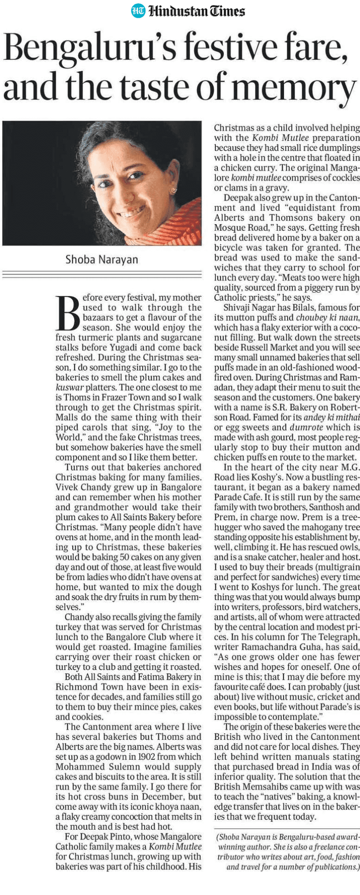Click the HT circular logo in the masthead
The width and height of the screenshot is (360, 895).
tap(138, 11)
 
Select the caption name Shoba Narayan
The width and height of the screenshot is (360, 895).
tap(102, 259)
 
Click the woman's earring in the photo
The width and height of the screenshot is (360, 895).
tap(173, 190)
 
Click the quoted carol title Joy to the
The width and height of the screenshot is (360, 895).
tap(175, 427)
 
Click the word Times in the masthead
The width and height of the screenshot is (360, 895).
tap(227, 11)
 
